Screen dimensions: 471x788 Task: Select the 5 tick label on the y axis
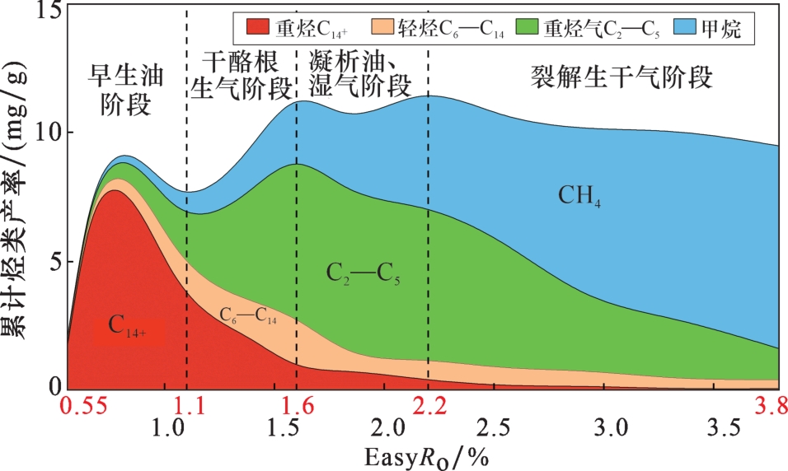click(x=50, y=262)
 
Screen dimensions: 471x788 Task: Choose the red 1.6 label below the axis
click(x=297, y=405)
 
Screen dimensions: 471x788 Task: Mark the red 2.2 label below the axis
click(x=429, y=405)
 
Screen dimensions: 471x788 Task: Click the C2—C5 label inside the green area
click(x=364, y=274)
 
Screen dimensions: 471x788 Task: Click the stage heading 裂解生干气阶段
click(x=621, y=78)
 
